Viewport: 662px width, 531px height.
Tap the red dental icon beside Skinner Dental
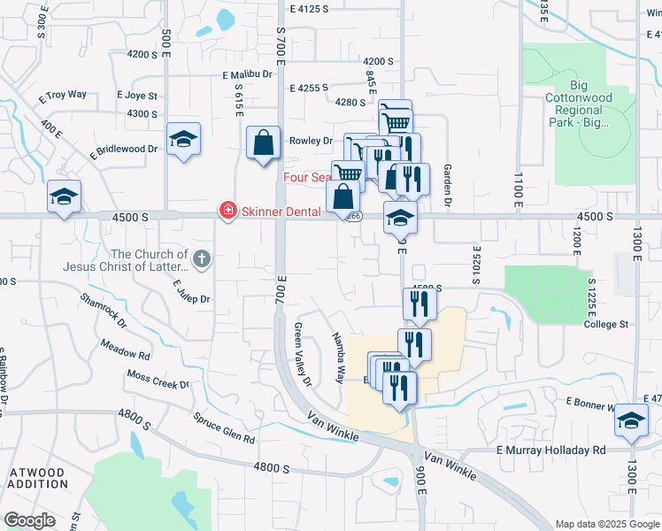pyautogui.click(x=227, y=211)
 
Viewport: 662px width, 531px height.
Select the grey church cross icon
pyautogui.click(x=202, y=259)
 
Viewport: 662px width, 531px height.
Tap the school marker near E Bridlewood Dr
pyautogui.click(x=183, y=139)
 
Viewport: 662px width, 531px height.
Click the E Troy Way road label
pyautogui.click(x=67, y=94)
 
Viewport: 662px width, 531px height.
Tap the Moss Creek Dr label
pyautogui.click(x=158, y=380)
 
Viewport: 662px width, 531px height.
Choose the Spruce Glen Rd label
pyautogui.click(x=224, y=427)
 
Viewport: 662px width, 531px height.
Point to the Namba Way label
pyautogui.click(x=338, y=357)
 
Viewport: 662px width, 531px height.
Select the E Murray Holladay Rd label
pyautogui.click(x=550, y=450)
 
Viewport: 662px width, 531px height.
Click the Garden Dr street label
pyautogui.click(x=448, y=186)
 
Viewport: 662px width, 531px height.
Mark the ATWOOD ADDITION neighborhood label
pyautogui.click(x=37, y=479)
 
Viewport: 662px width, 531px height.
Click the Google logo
pyautogui.click(x=28, y=520)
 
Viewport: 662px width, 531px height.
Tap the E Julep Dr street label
pyautogui.click(x=191, y=291)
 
